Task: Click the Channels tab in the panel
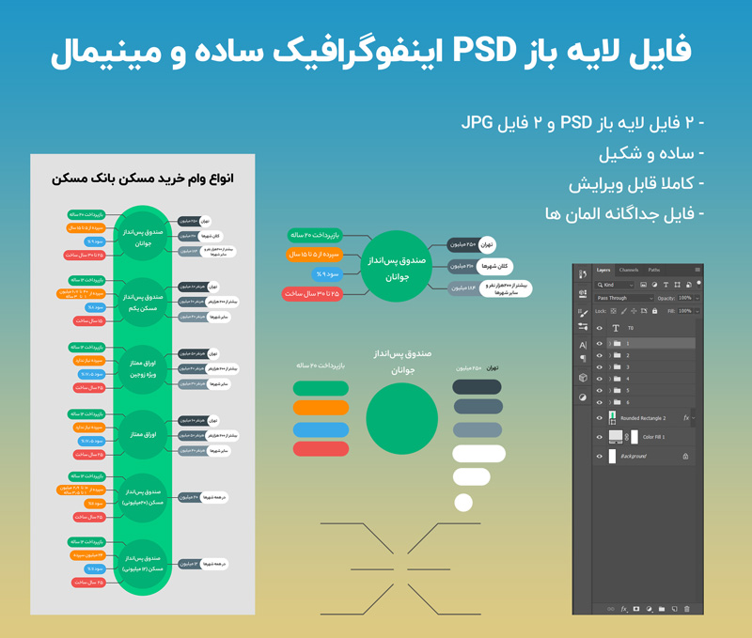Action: point(628,270)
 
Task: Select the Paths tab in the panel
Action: point(653,270)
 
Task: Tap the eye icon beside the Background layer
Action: point(600,457)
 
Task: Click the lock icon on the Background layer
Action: point(685,457)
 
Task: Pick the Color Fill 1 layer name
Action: point(653,437)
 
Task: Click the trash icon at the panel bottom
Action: point(687,609)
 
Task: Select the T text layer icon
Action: point(616,329)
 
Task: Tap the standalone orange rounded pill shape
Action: point(321,408)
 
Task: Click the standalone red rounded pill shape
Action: point(321,450)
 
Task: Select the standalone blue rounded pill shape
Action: point(321,429)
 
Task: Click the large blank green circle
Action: point(401,419)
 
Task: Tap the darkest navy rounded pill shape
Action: point(478,386)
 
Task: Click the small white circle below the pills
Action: point(462,503)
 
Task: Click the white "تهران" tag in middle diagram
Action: point(487,244)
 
